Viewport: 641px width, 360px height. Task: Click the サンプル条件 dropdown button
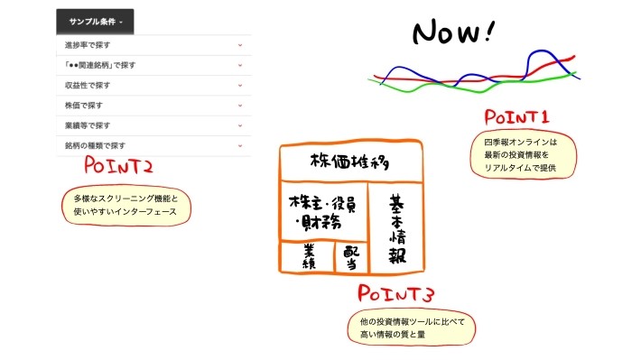pos(95,22)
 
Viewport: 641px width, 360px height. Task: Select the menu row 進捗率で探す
pos(152,44)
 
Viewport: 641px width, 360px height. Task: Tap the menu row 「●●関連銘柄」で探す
pos(152,65)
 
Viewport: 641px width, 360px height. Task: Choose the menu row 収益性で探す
pos(152,85)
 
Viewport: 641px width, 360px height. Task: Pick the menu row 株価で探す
pos(152,106)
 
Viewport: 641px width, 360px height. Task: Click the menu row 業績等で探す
pos(152,125)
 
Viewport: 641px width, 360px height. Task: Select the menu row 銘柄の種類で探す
pos(152,145)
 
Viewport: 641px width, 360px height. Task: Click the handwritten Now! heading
pos(453,32)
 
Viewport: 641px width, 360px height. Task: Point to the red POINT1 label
pos(516,117)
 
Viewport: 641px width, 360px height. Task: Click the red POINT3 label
pos(396,294)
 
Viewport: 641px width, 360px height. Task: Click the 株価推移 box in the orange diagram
pos(352,162)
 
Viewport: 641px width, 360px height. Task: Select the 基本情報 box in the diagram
pos(397,230)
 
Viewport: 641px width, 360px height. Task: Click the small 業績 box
pos(306,256)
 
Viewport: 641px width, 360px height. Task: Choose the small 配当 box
pos(350,257)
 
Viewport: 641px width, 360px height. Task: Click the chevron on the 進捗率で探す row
pos(240,44)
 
